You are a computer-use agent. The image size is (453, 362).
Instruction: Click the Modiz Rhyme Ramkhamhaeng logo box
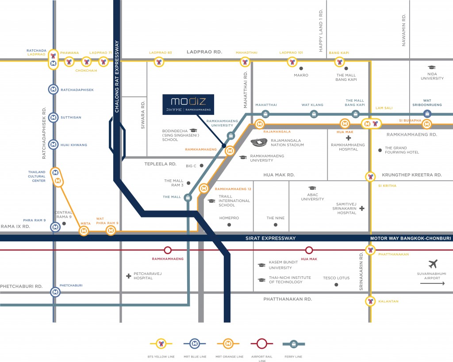[x=188, y=104]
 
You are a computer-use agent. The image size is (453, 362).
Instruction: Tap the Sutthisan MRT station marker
[x=53, y=118]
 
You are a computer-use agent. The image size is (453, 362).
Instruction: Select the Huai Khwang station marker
[x=53, y=145]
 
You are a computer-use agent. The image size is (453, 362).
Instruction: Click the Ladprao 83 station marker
[x=159, y=62]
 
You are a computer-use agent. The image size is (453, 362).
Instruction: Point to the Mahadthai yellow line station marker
[x=245, y=62]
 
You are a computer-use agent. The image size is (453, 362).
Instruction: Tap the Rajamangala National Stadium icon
[x=259, y=142]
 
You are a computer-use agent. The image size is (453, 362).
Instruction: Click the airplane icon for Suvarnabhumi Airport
[x=433, y=263]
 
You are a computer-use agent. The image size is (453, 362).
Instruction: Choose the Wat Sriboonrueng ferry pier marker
[x=427, y=114]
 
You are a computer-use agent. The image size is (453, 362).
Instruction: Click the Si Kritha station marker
[x=370, y=176]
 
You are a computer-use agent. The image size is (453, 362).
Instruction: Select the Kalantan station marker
[x=370, y=301]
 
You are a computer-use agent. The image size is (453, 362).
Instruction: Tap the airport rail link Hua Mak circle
[x=309, y=250]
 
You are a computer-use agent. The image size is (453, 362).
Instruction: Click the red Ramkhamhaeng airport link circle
[x=168, y=250]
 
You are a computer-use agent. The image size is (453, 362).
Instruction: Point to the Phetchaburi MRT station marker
[x=55, y=292]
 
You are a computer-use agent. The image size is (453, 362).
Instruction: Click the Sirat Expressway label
[x=270, y=238]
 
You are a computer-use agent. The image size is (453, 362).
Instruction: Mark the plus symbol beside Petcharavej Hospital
[x=129, y=276]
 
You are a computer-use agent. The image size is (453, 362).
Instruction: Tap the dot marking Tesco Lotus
[x=336, y=285]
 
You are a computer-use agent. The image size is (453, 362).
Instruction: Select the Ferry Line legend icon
[x=294, y=344]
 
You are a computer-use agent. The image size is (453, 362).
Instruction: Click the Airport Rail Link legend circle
[x=262, y=344]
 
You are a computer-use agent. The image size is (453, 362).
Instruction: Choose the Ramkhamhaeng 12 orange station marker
[x=203, y=188]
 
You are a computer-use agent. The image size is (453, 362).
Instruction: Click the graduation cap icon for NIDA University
[x=432, y=67]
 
